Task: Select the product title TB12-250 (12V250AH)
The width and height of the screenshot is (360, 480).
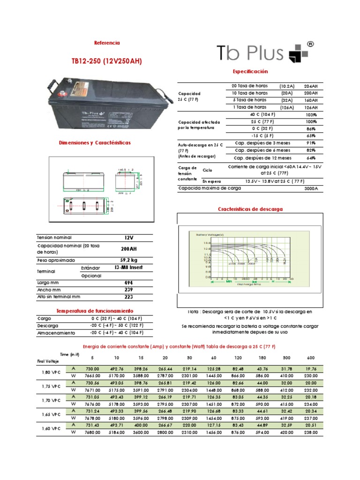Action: tap(106, 61)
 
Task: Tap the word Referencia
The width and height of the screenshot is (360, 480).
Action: tap(107, 43)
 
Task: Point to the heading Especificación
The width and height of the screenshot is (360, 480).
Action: tap(250, 71)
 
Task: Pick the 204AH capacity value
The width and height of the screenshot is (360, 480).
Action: tap(311, 86)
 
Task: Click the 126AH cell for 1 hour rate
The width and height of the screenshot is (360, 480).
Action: tap(311, 107)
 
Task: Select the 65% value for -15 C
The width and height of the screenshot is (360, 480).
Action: tap(311, 135)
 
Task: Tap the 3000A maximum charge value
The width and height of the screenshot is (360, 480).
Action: tap(311, 188)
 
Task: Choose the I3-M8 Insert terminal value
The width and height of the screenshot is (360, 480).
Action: tap(128, 268)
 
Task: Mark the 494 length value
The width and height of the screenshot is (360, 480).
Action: tap(128, 283)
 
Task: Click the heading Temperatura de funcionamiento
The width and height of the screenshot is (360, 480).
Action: tap(95, 311)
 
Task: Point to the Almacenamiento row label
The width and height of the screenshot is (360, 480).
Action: tap(56, 333)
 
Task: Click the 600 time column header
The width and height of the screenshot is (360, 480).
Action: tap(311, 358)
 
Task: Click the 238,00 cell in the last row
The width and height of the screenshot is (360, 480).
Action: tap(311, 433)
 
